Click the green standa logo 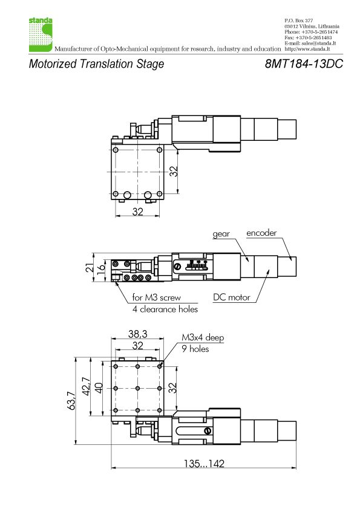(41, 34)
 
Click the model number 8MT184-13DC (304, 63)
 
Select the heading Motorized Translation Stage (96, 64)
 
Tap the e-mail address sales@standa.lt (319, 43)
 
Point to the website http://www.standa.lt (307, 49)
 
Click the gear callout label (221, 234)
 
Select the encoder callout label (261, 233)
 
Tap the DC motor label (232, 297)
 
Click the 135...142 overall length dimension (204, 463)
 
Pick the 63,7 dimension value (72, 401)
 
